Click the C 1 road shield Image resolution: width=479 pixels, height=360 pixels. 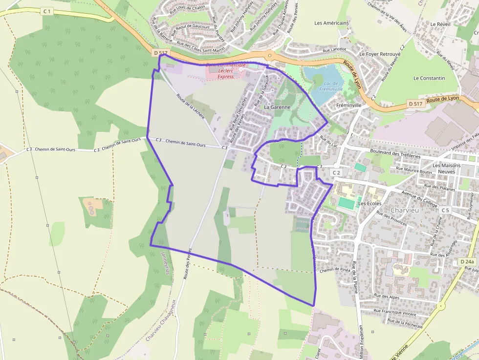[x=46, y=11]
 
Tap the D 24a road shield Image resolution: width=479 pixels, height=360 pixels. [x=467, y=262]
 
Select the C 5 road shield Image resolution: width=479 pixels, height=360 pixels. [x=444, y=210]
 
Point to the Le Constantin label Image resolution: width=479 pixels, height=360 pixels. [x=429, y=78]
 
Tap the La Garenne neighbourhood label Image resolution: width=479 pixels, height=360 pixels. [x=277, y=106]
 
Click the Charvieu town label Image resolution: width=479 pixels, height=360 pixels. [x=405, y=210]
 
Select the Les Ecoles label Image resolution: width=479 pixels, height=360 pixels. [x=370, y=203]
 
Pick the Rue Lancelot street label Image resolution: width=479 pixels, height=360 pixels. [x=334, y=49]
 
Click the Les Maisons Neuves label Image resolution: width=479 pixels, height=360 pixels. [x=446, y=169]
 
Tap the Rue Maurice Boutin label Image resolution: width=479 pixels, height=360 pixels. [x=414, y=170]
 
